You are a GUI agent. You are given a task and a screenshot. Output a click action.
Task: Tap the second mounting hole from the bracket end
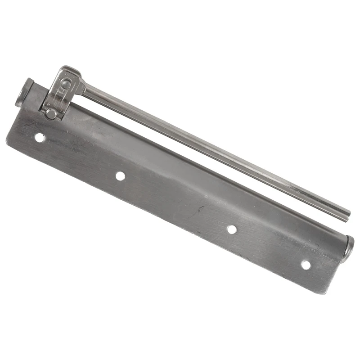tap(120, 175)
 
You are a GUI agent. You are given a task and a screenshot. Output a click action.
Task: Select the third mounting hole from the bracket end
tap(232, 229)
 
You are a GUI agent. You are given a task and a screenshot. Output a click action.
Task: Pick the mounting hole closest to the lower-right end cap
tap(306, 265)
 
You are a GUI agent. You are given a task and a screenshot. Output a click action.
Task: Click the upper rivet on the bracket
tap(66, 84)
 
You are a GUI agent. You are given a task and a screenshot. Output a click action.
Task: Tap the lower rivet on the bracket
tap(51, 114)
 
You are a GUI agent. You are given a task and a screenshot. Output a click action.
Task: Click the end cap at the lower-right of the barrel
tap(348, 249)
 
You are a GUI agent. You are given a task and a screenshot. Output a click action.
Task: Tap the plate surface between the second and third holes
tap(175, 202)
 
